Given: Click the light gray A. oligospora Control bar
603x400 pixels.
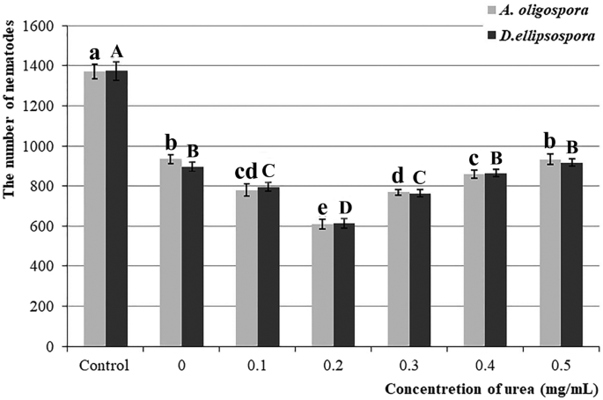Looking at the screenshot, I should point(94,208).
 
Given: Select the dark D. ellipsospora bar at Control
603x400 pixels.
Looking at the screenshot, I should point(116,208).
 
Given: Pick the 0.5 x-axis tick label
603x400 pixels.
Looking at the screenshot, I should point(561,364).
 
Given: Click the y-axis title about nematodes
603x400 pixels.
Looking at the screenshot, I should point(11,185).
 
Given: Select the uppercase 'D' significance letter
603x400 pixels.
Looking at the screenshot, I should point(344,207).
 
